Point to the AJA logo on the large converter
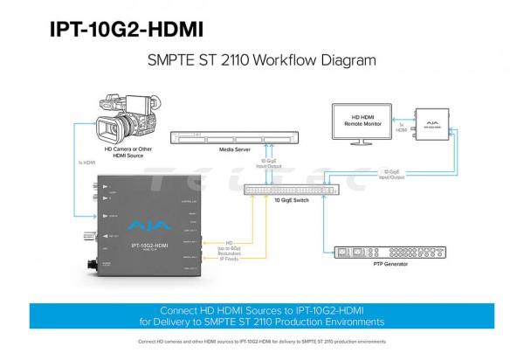click(x=139, y=225)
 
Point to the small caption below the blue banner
click(x=262, y=342)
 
